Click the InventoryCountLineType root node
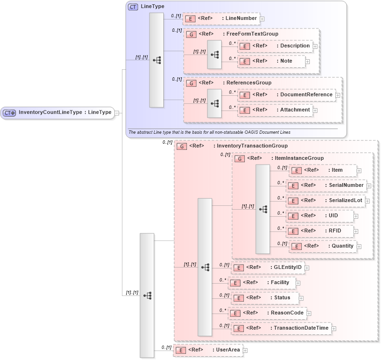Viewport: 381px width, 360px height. (57, 112)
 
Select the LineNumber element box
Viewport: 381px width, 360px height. (221, 18)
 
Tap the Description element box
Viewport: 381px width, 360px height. (275, 46)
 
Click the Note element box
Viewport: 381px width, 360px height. (271, 61)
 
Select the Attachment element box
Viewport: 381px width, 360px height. (275, 110)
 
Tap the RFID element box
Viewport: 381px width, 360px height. (320, 231)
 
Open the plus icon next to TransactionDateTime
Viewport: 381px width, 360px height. (334, 328)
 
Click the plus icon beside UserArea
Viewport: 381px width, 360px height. (245, 351)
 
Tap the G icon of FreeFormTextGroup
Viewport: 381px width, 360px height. (190, 34)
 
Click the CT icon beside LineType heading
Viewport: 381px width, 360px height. (133, 7)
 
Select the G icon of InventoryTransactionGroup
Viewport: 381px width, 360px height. (181, 146)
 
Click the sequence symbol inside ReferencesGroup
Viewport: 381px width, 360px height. (214, 103)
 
